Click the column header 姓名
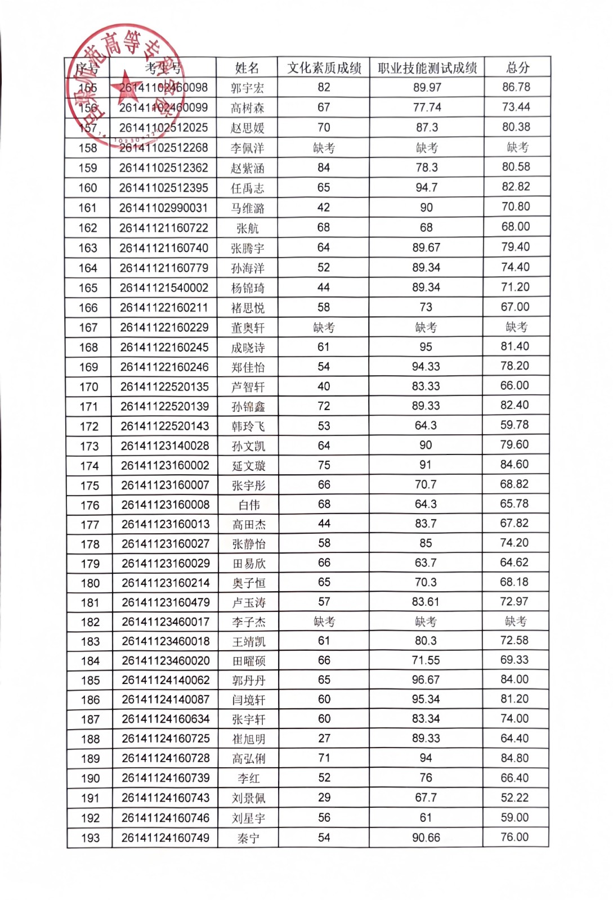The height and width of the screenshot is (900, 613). [x=247, y=68]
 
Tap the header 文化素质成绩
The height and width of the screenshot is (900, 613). [x=324, y=68]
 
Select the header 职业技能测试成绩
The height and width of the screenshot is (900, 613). [x=427, y=68]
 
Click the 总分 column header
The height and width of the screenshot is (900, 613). [x=517, y=68]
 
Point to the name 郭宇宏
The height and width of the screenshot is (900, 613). [x=247, y=88]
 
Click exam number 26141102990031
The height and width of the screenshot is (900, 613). [x=163, y=208]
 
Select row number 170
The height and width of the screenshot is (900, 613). [x=89, y=387]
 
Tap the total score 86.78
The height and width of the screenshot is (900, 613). [x=516, y=87]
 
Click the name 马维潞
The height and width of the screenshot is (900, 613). [x=247, y=208]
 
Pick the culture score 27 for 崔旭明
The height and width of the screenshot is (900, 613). [x=324, y=738]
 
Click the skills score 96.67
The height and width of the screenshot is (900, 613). [x=426, y=679]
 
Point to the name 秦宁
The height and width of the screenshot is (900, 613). [x=248, y=838]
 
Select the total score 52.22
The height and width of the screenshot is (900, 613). [x=514, y=798]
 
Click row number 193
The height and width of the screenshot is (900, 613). [x=90, y=838]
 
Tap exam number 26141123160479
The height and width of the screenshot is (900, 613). [x=165, y=602]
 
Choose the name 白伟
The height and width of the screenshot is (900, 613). [x=249, y=505]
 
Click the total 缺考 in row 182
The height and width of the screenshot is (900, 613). [x=515, y=621]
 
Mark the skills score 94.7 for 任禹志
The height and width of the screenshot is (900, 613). [x=426, y=187]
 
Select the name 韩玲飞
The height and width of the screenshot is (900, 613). [x=248, y=426]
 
